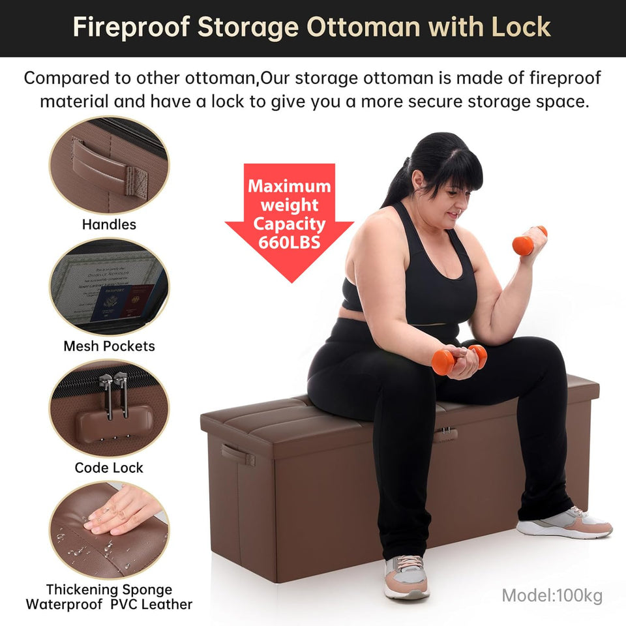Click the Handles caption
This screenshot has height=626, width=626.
point(109,224)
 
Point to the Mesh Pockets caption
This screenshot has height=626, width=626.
point(109,346)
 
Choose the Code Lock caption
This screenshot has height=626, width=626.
point(109,468)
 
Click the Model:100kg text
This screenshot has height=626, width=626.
point(552,595)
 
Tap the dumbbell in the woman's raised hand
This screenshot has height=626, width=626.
point(529,242)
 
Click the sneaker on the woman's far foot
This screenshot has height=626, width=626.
point(565,522)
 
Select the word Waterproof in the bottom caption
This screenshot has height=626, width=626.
point(63,604)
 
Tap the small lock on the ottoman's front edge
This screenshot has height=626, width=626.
point(445,434)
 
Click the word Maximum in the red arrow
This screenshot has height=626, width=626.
point(290,186)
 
